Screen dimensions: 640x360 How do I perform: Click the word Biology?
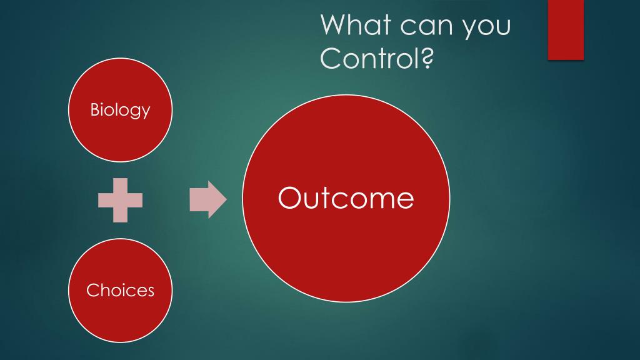tap(120, 110)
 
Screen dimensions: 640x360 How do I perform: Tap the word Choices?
tap(121, 290)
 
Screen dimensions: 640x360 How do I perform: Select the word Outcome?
tap(346, 198)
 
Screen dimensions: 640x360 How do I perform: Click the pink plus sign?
tap(121, 201)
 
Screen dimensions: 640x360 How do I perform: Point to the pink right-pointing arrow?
tap(208, 199)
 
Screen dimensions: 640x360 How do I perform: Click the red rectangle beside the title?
tap(566, 30)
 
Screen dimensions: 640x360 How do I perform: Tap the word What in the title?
tap(356, 24)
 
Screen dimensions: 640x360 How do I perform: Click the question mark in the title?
tap(427, 57)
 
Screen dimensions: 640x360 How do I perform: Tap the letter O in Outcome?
tap(290, 198)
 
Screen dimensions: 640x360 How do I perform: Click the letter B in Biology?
tap(95, 109)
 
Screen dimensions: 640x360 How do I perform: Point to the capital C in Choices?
tap(93, 290)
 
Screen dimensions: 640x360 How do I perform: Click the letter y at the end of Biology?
tap(145, 112)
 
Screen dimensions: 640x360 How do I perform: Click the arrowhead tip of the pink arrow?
tap(226, 199)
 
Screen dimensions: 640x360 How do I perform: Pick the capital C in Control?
tap(331, 58)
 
